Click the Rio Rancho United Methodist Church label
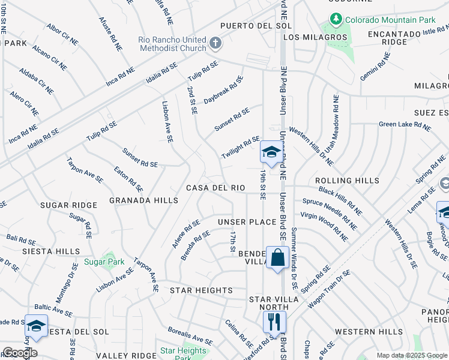pos(171,44)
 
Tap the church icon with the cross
pos(216,43)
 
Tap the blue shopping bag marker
pos(277,259)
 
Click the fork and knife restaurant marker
pos(274,322)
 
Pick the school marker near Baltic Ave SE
pos(35,326)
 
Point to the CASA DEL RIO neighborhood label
pos(215,188)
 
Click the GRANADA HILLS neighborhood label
pos(143,200)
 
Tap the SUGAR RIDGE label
pos(68,205)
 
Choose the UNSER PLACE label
pos(247,222)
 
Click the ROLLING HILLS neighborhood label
pos(347,181)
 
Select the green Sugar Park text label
pos(104,262)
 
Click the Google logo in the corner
pos(20,352)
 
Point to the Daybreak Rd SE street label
pos(223,89)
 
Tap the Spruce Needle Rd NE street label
pos(332,212)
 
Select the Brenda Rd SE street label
pos(195,245)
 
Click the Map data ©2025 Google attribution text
pos(411,355)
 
